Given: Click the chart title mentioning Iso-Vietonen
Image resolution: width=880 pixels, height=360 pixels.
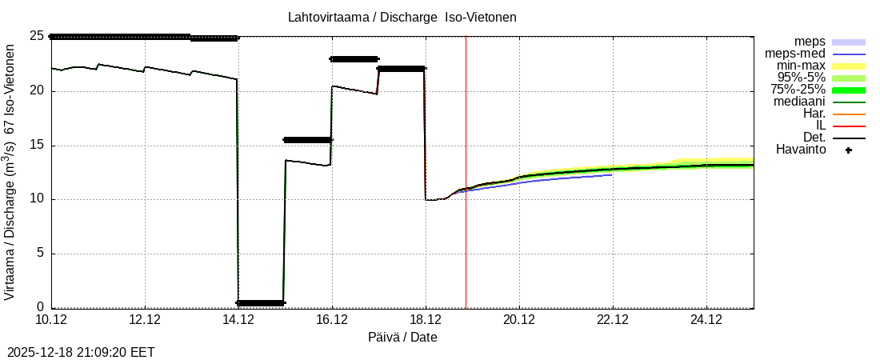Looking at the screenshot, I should click(x=402, y=17).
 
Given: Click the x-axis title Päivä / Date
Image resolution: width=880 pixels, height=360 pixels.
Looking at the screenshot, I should click(x=402, y=337).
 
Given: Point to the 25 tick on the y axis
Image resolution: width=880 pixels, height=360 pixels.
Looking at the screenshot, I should click(x=36, y=36).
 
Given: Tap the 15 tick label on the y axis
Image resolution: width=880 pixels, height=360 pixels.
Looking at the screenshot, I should click(x=36, y=146).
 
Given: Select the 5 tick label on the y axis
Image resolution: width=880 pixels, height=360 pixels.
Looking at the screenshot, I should click(x=39, y=254).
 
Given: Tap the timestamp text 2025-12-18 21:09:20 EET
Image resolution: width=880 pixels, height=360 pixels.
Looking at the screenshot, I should click(x=81, y=352).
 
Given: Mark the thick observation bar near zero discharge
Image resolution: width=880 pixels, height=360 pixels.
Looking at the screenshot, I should click(x=261, y=302).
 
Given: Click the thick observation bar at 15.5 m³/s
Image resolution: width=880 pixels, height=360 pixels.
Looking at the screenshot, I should click(x=307, y=139).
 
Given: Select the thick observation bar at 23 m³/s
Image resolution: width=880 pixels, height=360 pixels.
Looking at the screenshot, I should click(x=354, y=58).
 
